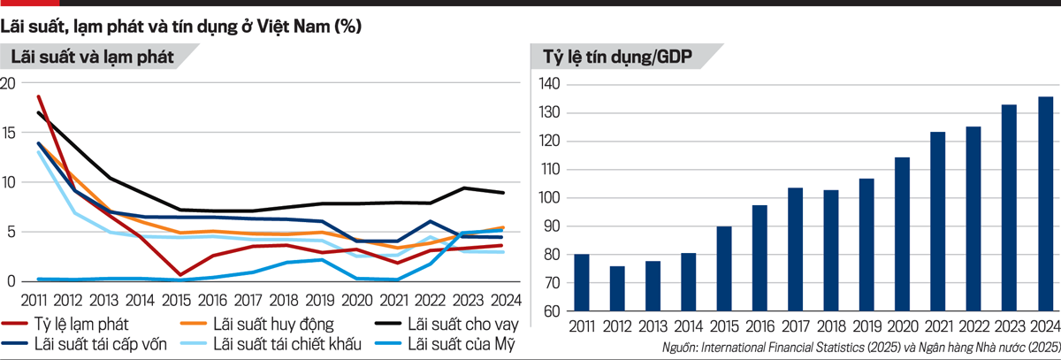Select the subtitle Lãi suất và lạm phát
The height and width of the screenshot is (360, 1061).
pyautogui.click(x=91, y=58)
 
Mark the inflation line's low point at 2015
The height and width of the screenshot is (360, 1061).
pyautogui.click(x=179, y=275)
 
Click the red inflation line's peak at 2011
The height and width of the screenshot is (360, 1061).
pyautogui.click(x=39, y=96)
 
